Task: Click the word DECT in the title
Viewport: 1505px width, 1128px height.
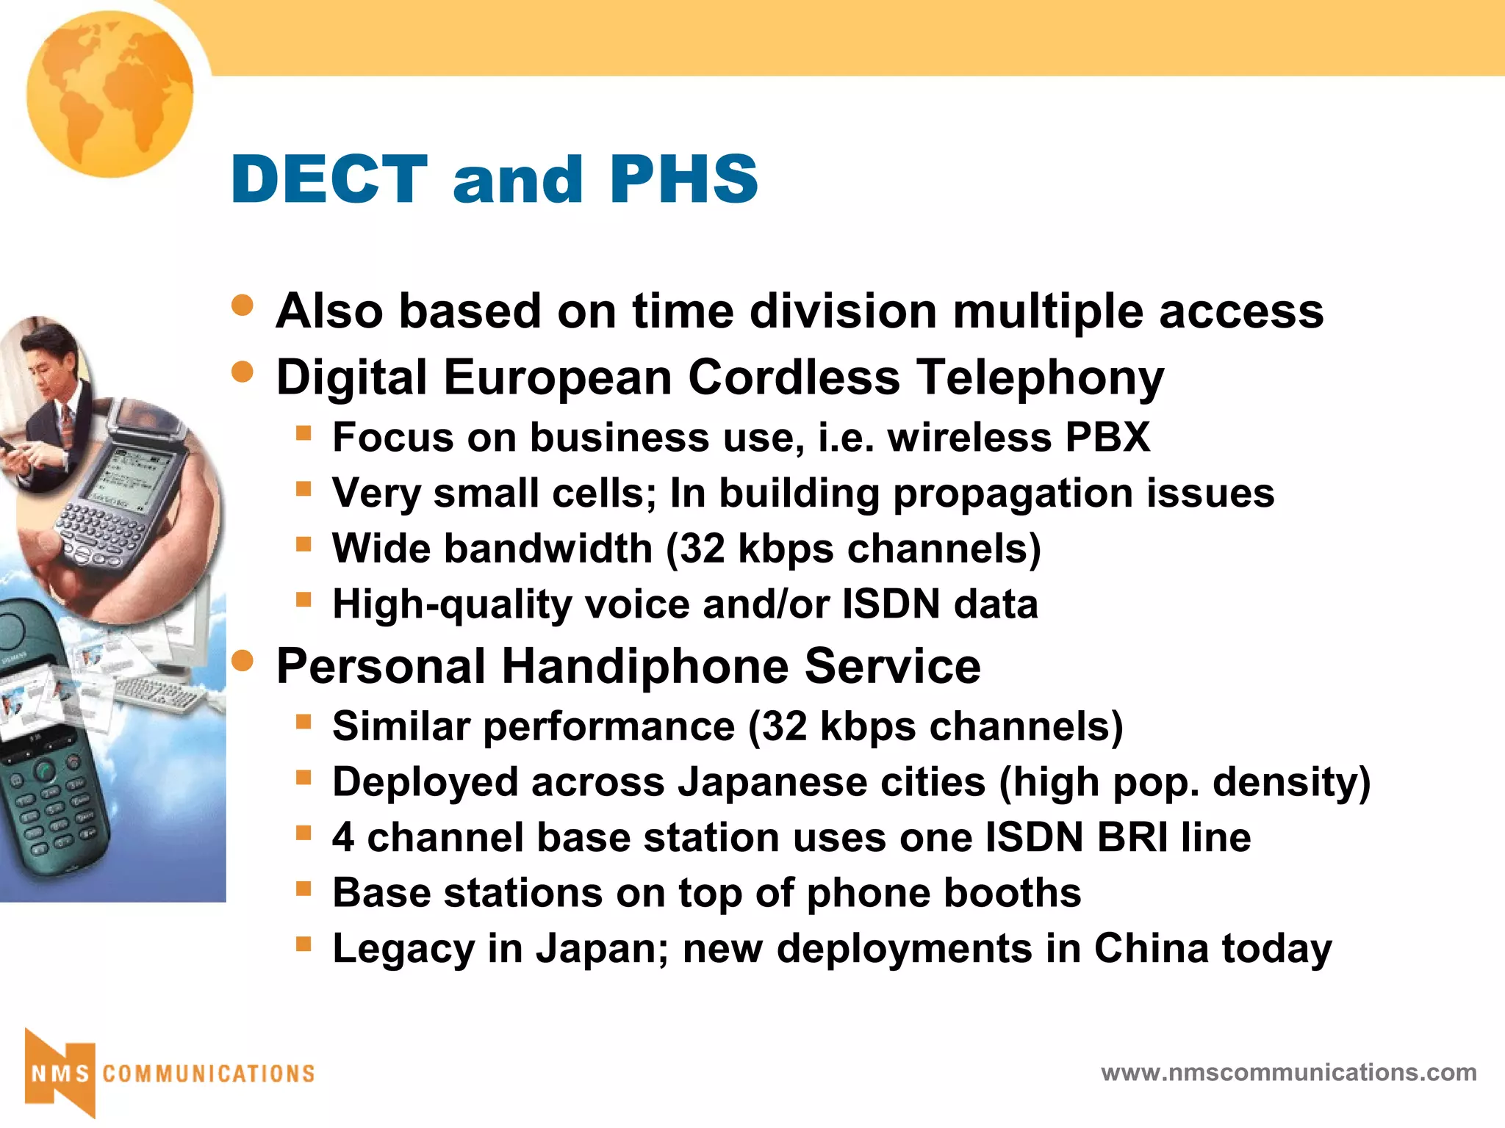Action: pyautogui.click(x=329, y=180)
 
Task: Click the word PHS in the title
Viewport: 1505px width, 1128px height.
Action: pyautogui.click(x=683, y=180)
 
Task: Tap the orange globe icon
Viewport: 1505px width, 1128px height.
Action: pyautogui.click(x=110, y=94)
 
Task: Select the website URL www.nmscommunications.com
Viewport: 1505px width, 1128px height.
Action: pyautogui.click(x=1288, y=1073)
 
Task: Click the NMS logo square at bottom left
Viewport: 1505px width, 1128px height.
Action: pyautogui.click(x=60, y=1074)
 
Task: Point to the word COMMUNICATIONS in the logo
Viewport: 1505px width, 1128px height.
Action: pyautogui.click(x=209, y=1074)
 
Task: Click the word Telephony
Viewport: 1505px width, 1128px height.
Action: pyautogui.click(x=1041, y=377)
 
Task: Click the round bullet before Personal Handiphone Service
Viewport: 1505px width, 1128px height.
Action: pyautogui.click(x=243, y=662)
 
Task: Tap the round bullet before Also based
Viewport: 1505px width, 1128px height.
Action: pyautogui.click(x=243, y=305)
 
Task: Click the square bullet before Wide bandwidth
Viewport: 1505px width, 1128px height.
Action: pyautogui.click(x=303, y=545)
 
